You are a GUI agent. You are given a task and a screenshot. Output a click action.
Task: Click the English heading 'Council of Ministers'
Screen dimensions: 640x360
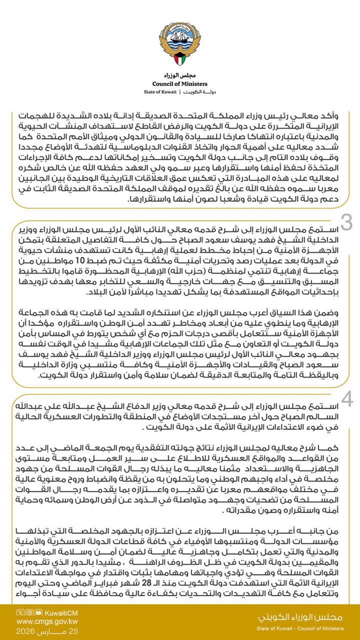click(180, 83)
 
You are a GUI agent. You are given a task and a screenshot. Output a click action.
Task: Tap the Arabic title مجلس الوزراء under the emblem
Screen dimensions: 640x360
click(180, 75)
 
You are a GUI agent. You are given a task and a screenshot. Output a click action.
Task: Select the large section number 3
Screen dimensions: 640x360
click(347, 223)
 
